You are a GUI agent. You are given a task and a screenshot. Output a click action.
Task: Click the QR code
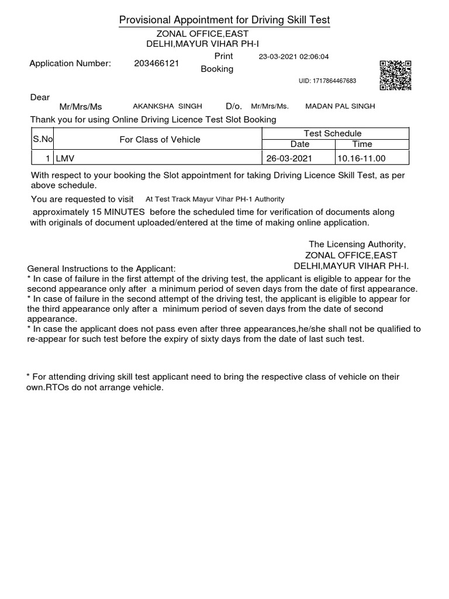pyautogui.click(x=396, y=75)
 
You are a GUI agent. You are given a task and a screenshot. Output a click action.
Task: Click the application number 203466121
pyautogui.click(x=156, y=64)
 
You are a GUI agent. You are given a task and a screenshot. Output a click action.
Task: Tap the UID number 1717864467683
pyautogui.click(x=327, y=81)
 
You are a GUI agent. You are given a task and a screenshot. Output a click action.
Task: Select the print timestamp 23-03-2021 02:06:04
pyautogui.click(x=294, y=57)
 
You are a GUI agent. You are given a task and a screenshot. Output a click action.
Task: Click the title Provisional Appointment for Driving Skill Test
pyautogui.click(x=224, y=21)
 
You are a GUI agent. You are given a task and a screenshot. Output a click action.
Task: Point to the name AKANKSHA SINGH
pyautogui.click(x=168, y=106)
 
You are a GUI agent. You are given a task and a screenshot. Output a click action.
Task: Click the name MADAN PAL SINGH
pyautogui.click(x=340, y=106)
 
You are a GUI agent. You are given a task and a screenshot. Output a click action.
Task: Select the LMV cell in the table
pyautogui.click(x=65, y=159)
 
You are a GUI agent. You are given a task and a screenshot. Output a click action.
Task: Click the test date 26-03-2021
pyautogui.click(x=289, y=159)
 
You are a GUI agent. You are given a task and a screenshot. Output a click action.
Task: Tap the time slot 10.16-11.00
pyautogui.click(x=362, y=159)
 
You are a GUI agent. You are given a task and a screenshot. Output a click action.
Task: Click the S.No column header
pyautogui.click(x=42, y=139)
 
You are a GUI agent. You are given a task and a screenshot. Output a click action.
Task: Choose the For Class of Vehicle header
pyautogui.click(x=160, y=139)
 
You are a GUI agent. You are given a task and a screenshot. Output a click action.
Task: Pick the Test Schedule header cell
pyautogui.click(x=333, y=133)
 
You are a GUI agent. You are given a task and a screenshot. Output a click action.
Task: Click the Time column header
pyautogui.click(x=362, y=144)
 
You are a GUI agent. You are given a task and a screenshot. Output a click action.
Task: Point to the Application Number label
pyautogui.click(x=70, y=64)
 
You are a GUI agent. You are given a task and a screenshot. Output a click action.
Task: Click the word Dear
pyautogui.click(x=40, y=97)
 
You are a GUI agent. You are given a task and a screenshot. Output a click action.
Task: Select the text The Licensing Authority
pyautogui.click(x=357, y=244)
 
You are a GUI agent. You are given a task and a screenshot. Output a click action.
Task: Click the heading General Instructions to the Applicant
pyautogui.click(x=101, y=268)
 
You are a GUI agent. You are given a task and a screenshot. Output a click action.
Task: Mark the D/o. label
pyautogui.click(x=233, y=106)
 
